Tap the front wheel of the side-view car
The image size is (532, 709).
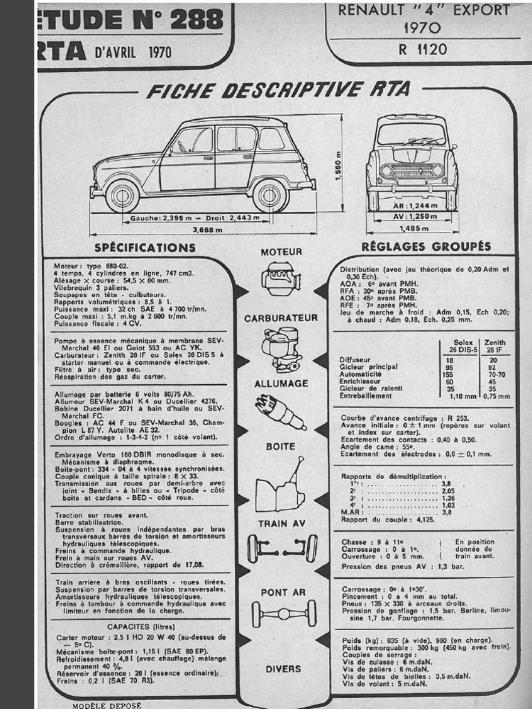pos(122,196)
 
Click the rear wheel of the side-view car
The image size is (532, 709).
pos(269,195)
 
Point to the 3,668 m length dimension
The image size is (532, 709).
pos(207,230)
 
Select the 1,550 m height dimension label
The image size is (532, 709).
pos(339,166)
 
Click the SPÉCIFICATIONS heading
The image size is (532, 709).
pos(145,247)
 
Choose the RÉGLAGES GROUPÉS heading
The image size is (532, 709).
pos(426,246)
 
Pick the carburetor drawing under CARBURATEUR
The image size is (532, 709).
pos(281,349)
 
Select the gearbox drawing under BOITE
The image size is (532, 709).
pos(280,485)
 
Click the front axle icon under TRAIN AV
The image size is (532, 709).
pos(282,548)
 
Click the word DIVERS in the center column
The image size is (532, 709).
pos(283,669)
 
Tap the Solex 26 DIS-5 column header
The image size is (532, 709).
pos(463,346)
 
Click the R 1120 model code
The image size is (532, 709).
pos(423,49)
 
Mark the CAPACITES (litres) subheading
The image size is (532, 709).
pos(139,626)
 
